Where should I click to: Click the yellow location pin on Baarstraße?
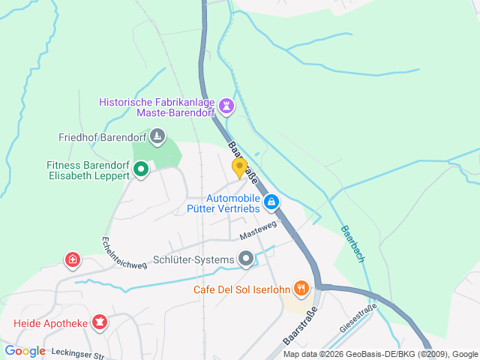pos(239,167)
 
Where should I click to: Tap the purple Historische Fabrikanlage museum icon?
pos(226,106)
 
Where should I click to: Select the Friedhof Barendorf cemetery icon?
pos(157,136)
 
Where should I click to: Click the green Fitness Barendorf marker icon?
pos(141,169)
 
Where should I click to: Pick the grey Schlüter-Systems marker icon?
pos(246,259)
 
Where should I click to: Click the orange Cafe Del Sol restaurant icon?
pos(301,288)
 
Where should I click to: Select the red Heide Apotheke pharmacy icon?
pos(99,323)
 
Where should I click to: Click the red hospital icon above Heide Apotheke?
pos(72,259)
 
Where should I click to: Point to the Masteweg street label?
pos(259,229)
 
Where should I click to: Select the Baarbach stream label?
pos(352,244)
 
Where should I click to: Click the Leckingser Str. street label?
pos(76,351)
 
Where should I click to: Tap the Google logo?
pos(25,350)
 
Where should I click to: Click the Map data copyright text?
pos(380,354)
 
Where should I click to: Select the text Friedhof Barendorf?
pos(102,137)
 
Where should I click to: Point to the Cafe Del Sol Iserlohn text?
pos(241,289)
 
